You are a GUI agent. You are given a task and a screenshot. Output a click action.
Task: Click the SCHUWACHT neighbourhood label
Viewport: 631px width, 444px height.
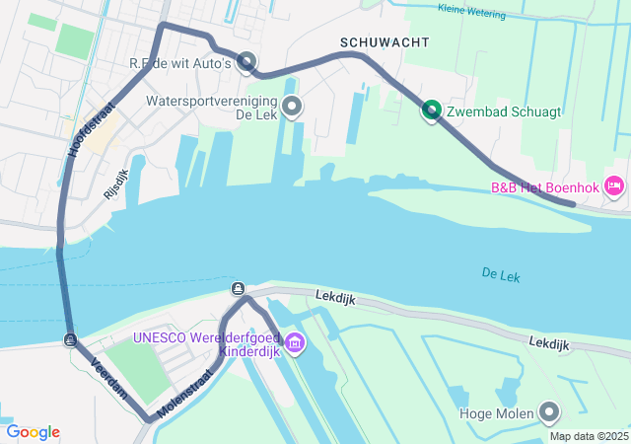click(385, 42)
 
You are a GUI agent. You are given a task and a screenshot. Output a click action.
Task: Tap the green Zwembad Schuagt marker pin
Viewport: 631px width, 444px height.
click(432, 111)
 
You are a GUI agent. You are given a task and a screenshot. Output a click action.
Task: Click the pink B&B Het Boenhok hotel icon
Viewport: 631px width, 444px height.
click(613, 185)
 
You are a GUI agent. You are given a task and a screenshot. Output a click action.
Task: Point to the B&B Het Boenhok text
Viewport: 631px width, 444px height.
click(544, 186)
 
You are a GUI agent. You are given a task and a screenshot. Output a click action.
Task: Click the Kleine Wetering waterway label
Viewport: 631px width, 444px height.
click(470, 13)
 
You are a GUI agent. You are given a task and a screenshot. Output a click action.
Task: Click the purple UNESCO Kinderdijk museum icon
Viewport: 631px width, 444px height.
click(294, 342)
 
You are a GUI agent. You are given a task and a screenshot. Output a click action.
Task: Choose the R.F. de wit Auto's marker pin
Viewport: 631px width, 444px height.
click(246, 62)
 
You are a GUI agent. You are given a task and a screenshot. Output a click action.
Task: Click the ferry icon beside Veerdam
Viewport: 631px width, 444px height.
click(69, 340)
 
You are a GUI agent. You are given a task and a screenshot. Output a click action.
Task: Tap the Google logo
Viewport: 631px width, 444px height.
click(33, 432)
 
